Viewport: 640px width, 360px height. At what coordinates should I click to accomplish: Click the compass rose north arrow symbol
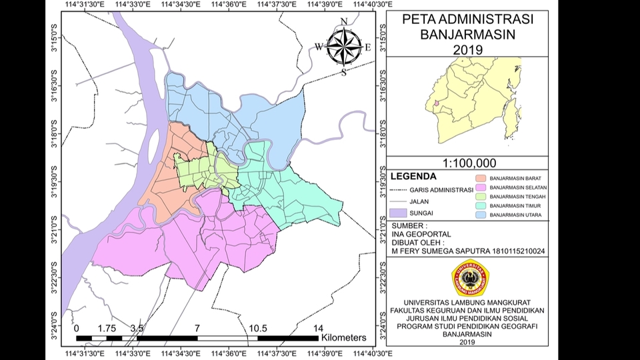click(343, 46)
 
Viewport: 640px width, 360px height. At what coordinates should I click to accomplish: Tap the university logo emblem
click(471, 277)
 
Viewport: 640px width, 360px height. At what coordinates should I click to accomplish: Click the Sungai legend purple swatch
click(399, 213)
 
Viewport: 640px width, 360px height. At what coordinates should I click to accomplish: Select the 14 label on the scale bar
click(318, 328)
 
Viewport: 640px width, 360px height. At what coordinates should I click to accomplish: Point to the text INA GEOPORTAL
click(421, 234)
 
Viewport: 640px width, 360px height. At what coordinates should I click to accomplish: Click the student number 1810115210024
click(512, 251)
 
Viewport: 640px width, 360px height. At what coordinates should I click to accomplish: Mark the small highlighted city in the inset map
click(435, 103)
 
